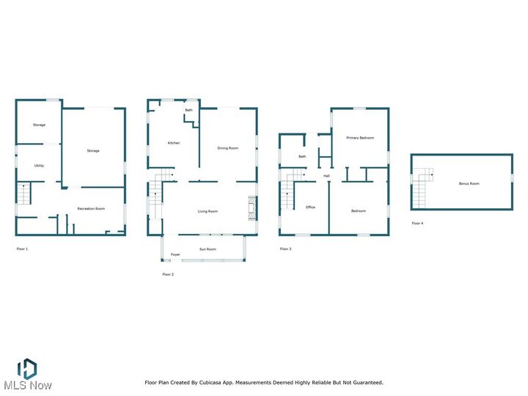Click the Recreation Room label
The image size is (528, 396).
pyautogui.click(x=91, y=209)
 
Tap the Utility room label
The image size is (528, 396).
pyautogui.click(x=39, y=166)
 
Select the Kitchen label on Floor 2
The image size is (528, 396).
pyautogui.click(x=174, y=143)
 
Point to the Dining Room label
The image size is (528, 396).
pyautogui.click(x=228, y=148)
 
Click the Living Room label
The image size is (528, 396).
pyautogui.click(x=208, y=212)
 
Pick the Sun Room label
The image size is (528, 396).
pyautogui.click(x=208, y=249)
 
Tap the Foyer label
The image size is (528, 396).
pyautogui.click(x=175, y=254)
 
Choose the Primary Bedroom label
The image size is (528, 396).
pyautogui.click(x=360, y=138)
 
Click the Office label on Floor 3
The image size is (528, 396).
pyautogui.click(x=310, y=208)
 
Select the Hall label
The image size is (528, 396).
pyautogui.click(x=326, y=176)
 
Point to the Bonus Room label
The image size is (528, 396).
pyautogui.click(x=469, y=183)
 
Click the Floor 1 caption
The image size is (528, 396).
pyautogui.click(x=22, y=249)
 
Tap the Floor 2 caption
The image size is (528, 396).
pyautogui.click(x=168, y=274)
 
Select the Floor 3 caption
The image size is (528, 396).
pyautogui.click(x=285, y=249)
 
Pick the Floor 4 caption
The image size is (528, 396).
pyautogui.click(x=417, y=223)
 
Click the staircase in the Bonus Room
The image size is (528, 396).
pyautogui.click(x=422, y=188)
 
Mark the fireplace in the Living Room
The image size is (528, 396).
pyautogui.click(x=252, y=208)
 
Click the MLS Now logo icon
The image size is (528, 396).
pyautogui.click(x=27, y=369)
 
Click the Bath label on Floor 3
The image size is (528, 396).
pyautogui.click(x=302, y=156)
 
